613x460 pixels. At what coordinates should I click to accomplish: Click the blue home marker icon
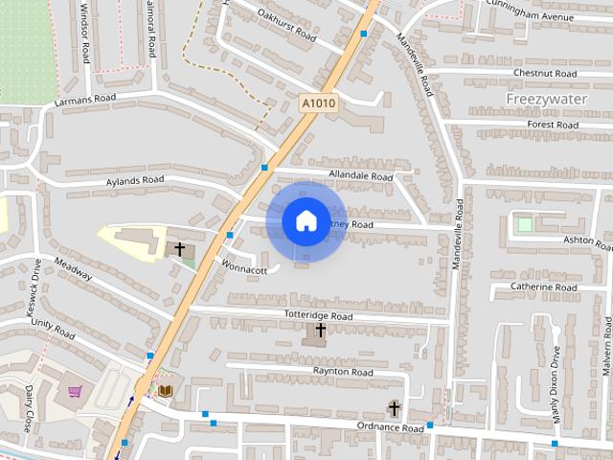tap(306, 221)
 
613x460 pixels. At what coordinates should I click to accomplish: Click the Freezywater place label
tap(545, 99)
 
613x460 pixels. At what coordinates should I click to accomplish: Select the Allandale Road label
tap(360, 177)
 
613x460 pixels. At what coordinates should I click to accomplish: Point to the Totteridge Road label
tap(319, 315)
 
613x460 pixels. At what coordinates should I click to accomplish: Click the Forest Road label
tap(553, 125)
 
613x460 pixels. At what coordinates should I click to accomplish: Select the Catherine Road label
tap(544, 287)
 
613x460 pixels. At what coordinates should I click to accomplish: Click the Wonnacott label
tap(244, 270)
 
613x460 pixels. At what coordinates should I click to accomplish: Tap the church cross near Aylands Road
tap(179, 250)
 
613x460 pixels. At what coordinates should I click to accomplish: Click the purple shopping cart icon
tap(75, 391)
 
